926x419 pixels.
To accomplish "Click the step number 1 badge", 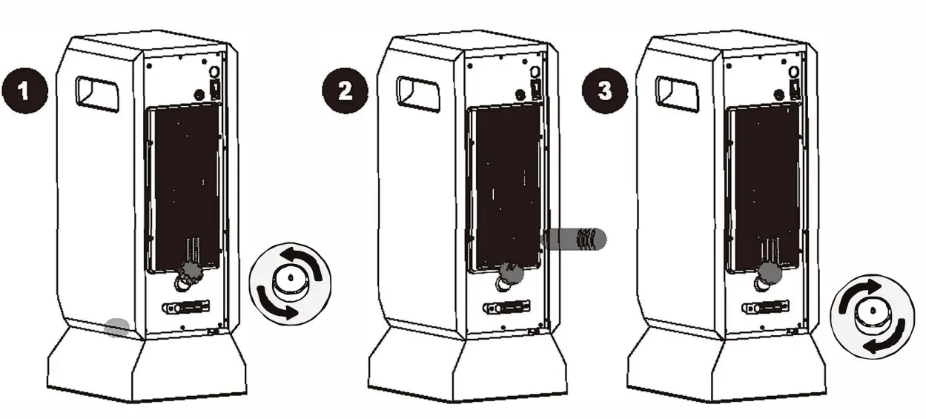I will (24, 91).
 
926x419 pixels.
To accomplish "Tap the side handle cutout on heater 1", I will (97, 93).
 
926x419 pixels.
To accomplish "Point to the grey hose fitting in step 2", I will (575, 239).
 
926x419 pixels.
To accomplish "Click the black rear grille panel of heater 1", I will (184, 185).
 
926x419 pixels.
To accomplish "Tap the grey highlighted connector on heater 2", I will (511, 272).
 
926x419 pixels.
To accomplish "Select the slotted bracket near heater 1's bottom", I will (185, 306).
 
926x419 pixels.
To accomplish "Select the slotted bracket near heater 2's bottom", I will (506, 306).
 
